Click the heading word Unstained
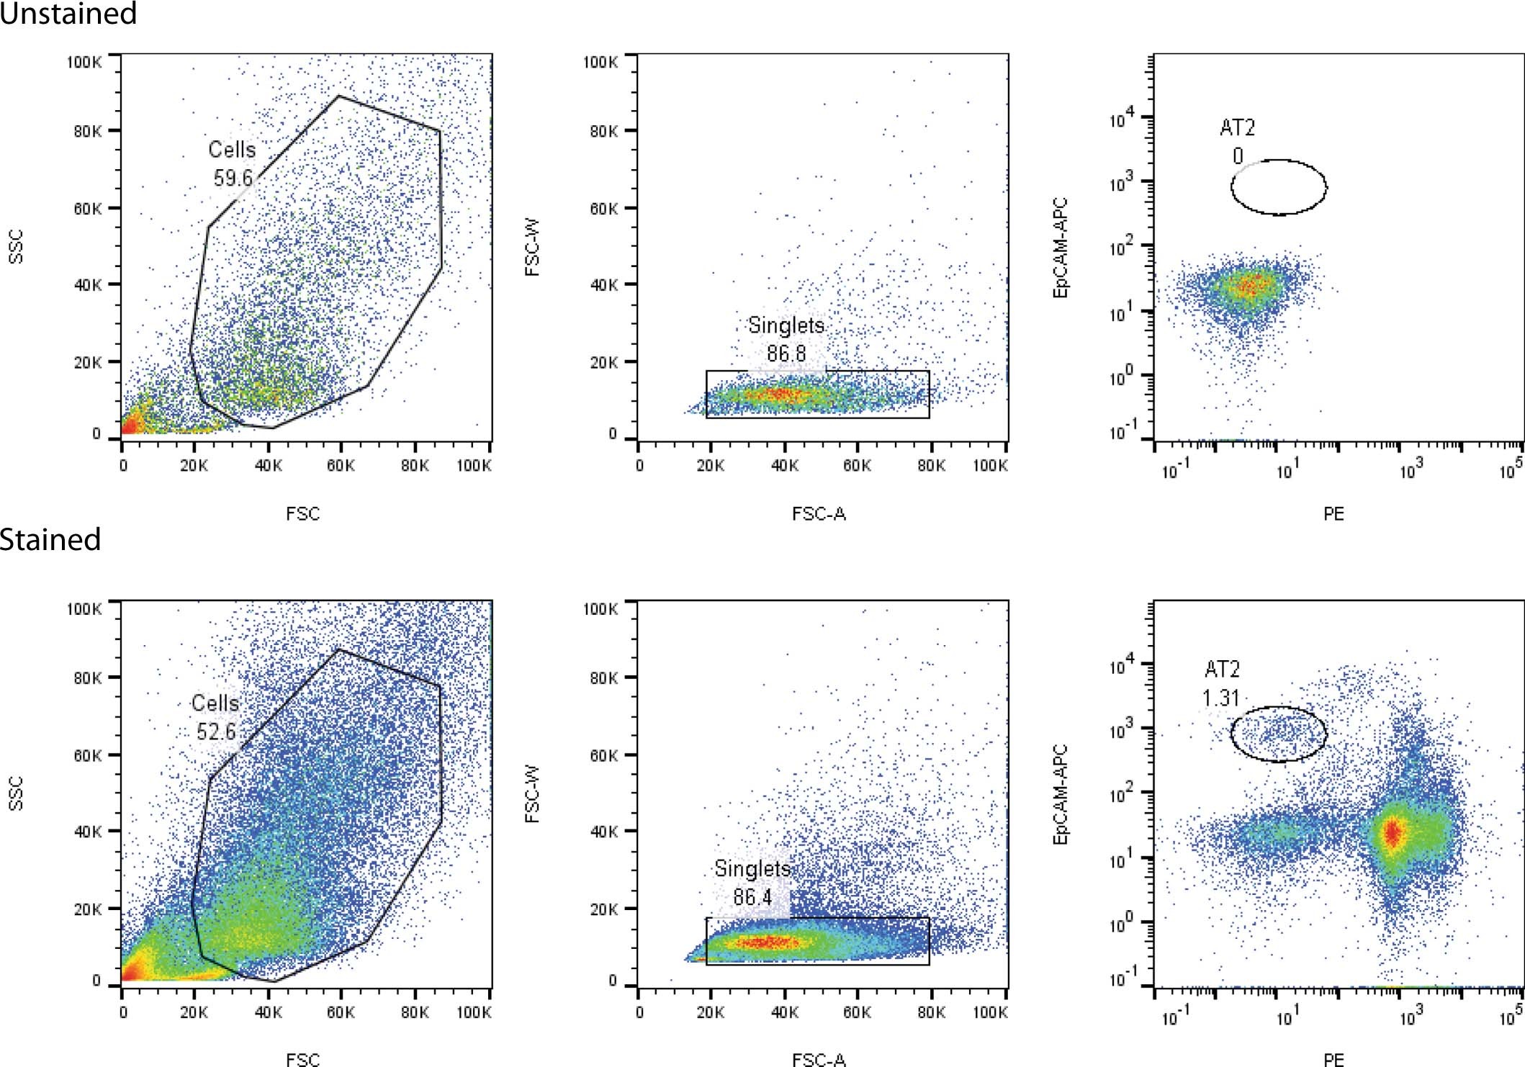[x=68, y=13]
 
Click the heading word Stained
[x=50, y=539]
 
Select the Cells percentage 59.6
[x=233, y=177]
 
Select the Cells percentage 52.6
[x=216, y=731]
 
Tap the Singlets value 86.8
[x=786, y=354]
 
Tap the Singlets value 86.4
[x=752, y=897]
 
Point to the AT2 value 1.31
[x=1220, y=698]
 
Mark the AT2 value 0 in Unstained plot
[x=1238, y=156]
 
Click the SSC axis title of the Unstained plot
[x=16, y=246]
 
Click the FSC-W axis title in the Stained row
[x=532, y=793]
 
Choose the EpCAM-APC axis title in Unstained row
[x=1060, y=247]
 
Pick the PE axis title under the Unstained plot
[x=1333, y=513]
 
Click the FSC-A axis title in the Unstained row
[x=819, y=513]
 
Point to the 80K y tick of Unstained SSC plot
[x=87, y=131]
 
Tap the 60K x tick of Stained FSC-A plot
[x=857, y=1012]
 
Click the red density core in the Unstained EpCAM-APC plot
[x=1251, y=287]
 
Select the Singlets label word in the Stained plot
[x=752, y=868]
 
